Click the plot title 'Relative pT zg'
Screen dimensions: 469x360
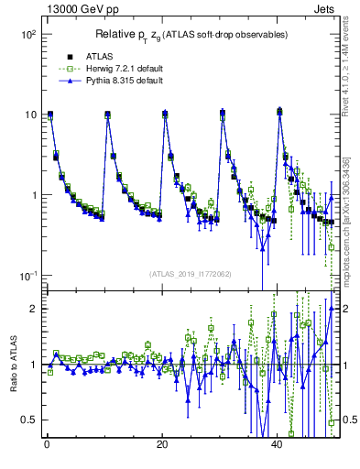[190, 35]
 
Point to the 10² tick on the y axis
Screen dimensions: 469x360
[27, 35]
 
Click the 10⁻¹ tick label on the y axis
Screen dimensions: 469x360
[27, 276]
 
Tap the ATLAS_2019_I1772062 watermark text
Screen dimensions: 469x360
[190, 273]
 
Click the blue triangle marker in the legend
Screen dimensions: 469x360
[59, 82]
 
